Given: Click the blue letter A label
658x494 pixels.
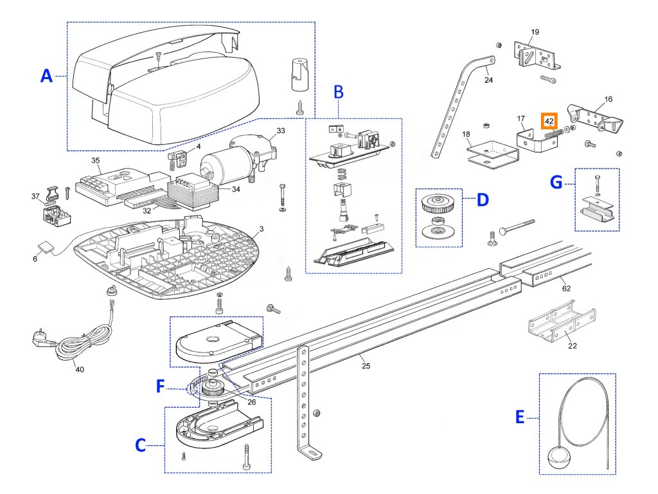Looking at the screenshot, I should click(46, 77).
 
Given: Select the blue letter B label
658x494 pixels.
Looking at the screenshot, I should click(339, 92).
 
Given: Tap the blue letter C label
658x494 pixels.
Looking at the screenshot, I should click(139, 444).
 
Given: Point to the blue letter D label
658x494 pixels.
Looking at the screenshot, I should click(482, 200).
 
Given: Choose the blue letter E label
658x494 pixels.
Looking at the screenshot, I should click(520, 418).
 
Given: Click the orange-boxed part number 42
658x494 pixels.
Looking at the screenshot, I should click(549, 120).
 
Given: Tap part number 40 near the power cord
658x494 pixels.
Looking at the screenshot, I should click(79, 369).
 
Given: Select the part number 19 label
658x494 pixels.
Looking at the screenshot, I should click(535, 32).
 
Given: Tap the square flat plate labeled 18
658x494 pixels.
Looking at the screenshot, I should click(492, 152).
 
